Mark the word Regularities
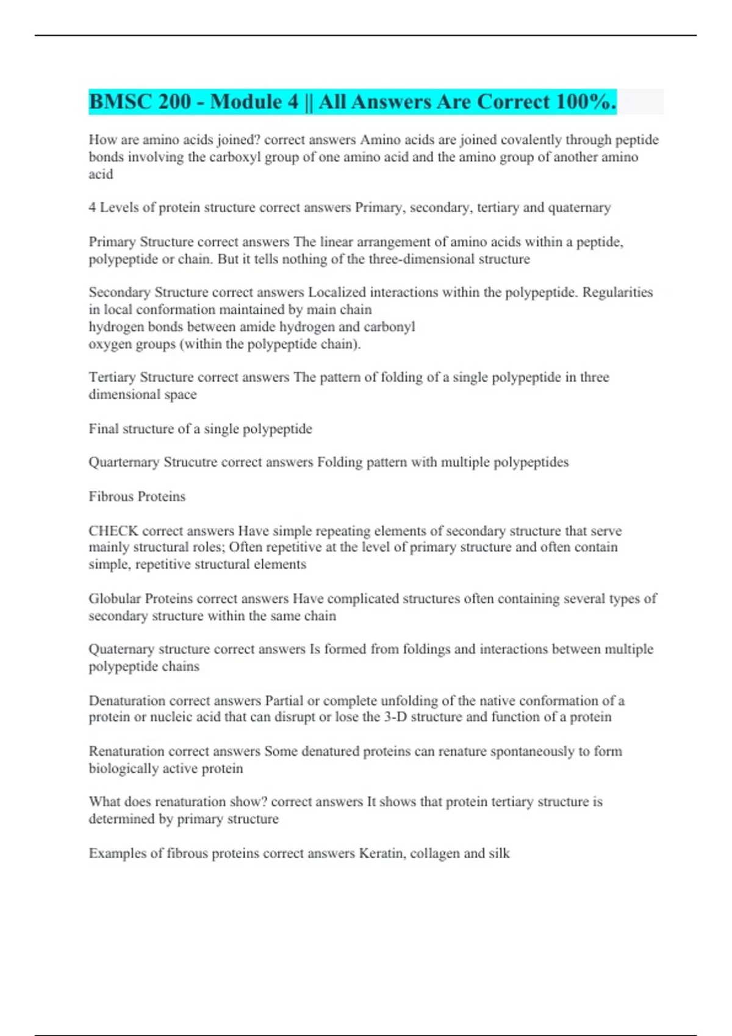(x=617, y=293)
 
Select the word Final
(x=104, y=429)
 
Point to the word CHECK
(x=113, y=531)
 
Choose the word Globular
(x=115, y=599)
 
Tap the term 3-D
(x=395, y=717)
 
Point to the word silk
(x=499, y=854)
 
